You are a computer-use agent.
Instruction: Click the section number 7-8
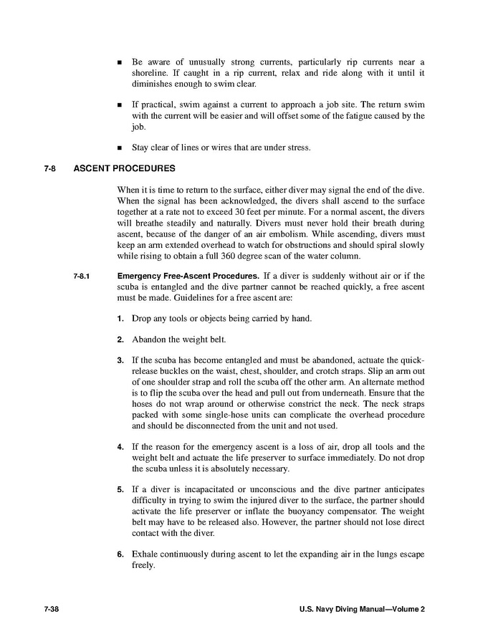click(50, 169)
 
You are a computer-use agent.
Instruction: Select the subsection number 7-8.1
click(83, 276)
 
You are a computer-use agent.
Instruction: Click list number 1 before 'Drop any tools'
click(120, 318)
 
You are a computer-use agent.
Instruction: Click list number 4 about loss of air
click(120, 447)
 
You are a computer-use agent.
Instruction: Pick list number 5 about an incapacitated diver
click(120, 489)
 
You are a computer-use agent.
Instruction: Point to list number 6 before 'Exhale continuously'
click(120, 554)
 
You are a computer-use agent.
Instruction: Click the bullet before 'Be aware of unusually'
click(120, 62)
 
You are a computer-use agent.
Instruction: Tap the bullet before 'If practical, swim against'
click(120, 105)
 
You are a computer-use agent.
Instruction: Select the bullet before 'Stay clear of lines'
click(120, 148)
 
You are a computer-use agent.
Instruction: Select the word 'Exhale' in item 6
click(145, 554)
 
